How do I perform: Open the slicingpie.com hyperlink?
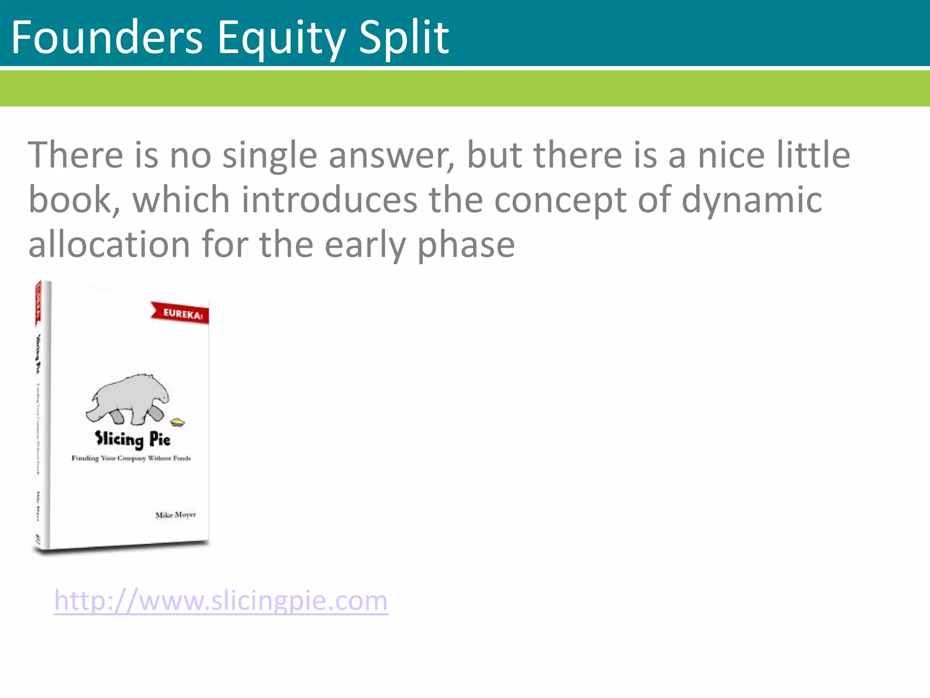tap(221, 601)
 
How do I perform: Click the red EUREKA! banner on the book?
tap(181, 313)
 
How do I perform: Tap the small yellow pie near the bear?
tap(178, 423)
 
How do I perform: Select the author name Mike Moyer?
tap(175, 515)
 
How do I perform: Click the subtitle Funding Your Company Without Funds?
tap(131, 458)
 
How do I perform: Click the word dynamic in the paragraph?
tap(752, 200)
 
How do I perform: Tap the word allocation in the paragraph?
tap(109, 244)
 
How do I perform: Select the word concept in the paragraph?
tap(560, 200)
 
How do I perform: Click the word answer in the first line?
tap(391, 155)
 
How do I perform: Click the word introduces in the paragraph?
tap(329, 200)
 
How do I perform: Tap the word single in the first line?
tap(270, 155)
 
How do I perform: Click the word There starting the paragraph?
tap(75, 155)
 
